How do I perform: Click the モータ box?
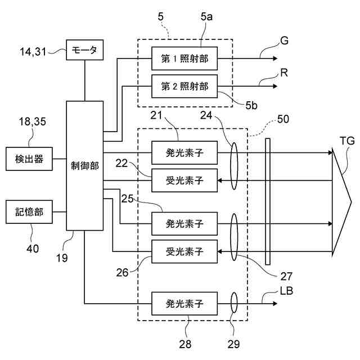coord(85,50)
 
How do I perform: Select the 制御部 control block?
coord(85,165)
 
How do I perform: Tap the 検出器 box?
coord(29,159)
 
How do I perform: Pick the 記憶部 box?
coord(29,211)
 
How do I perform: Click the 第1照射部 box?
coord(184,58)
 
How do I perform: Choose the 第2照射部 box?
coord(184,86)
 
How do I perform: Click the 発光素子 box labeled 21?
coord(184,152)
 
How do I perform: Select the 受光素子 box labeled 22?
coord(184,181)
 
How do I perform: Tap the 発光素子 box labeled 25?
coord(184,224)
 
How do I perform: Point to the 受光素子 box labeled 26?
coord(184,251)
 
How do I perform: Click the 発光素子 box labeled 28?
coord(184,304)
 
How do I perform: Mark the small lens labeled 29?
coord(234,303)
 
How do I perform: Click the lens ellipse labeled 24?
coord(234,166)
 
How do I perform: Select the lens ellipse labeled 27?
coord(234,237)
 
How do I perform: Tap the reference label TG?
coord(347,141)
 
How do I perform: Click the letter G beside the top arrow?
coord(284,40)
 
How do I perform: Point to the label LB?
coord(286,291)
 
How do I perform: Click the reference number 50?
coord(283,119)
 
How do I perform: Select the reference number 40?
coord(33,249)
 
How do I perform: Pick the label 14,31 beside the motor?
coord(33,51)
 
